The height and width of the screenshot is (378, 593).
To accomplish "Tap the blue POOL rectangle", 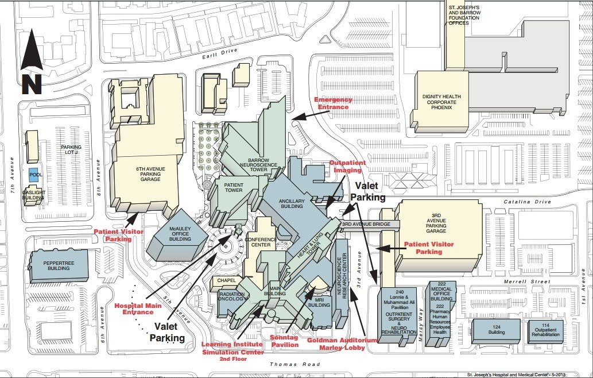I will [36, 173].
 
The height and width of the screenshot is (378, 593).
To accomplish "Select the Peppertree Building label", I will [60, 265].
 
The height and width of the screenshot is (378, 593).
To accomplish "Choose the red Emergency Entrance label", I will [333, 103].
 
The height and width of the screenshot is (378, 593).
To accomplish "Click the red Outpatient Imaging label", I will [345, 167].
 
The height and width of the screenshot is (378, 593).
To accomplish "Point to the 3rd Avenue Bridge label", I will [366, 224].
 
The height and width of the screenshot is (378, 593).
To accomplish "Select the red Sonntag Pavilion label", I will [285, 341].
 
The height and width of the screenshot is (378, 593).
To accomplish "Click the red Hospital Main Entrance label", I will [138, 308].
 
